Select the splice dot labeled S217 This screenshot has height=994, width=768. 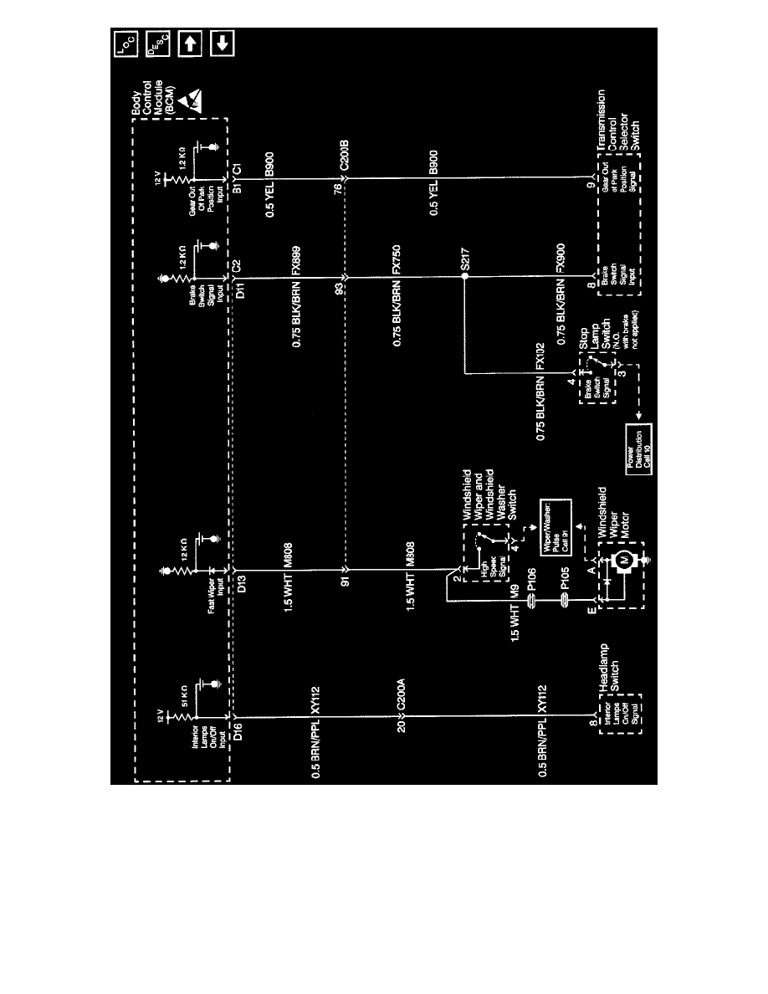463,274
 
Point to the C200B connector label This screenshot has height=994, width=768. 344,162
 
